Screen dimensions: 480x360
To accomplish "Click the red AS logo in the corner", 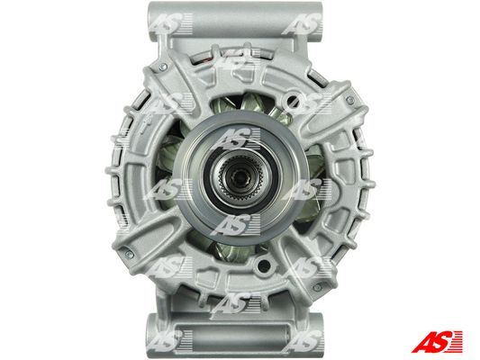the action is tap(437, 341).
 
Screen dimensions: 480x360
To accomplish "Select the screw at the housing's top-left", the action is tap(163, 67).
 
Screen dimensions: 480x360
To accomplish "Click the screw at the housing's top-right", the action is tap(350, 100).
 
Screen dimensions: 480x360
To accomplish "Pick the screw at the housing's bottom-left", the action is tap(129, 253).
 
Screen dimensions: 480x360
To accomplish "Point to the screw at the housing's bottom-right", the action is tap(318, 287).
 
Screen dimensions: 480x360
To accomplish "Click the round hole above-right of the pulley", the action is tap(293, 100).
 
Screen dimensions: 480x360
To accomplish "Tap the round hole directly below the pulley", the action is tap(264, 265).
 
